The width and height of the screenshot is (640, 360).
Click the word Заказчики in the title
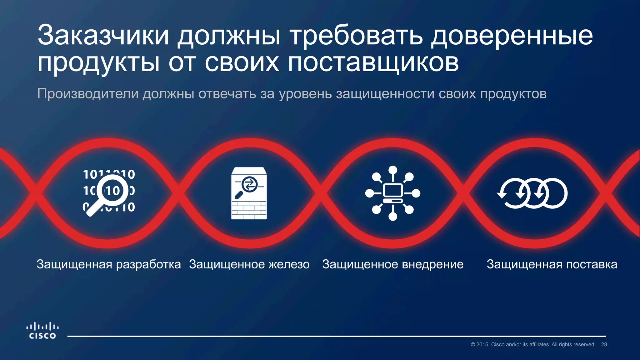click(103, 35)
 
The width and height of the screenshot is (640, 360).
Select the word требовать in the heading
click(357, 35)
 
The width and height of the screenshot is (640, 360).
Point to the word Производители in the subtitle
click(87, 94)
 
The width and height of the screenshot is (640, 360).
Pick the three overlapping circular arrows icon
click(532, 193)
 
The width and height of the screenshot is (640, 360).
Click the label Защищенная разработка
click(109, 264)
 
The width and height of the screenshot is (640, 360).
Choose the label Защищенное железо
click(249, 264)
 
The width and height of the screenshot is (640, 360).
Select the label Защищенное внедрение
click(393, 264)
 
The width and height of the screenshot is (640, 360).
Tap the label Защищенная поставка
click(552, 264)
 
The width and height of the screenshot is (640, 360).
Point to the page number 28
click(604, 344)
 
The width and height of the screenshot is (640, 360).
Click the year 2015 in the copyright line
click(482, 344)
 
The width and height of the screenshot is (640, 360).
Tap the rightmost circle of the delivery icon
click(556, 193)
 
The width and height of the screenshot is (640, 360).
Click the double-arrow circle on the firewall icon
click(249, 184)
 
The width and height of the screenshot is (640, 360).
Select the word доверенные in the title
click(512, 35)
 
